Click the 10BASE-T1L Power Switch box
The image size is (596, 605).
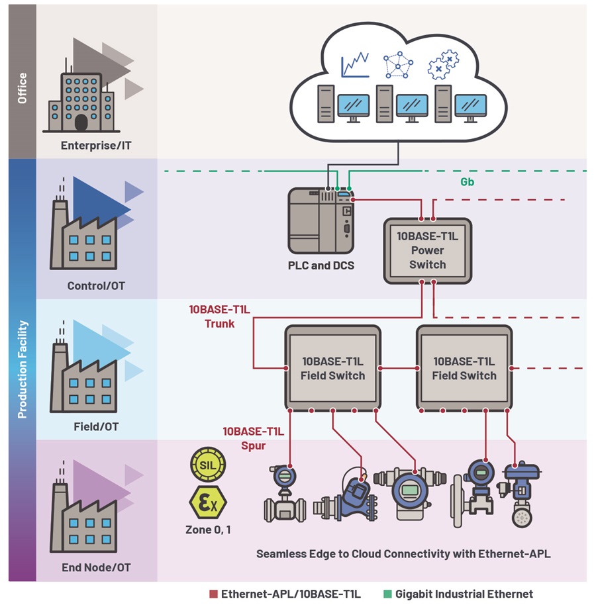coord(427,251)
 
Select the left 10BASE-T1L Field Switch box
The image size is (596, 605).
coord(333,368)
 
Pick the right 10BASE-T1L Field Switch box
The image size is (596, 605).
coord(464,368)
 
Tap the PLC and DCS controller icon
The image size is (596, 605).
coord(321,220)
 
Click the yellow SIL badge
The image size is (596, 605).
coord(207,463)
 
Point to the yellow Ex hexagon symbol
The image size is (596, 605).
coord(207,503)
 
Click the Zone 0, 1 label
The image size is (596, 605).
coord(207,530)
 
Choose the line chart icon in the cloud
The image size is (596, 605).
coord(355,65)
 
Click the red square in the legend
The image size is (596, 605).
coord(213,594)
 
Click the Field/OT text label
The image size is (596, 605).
coord(96,427)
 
